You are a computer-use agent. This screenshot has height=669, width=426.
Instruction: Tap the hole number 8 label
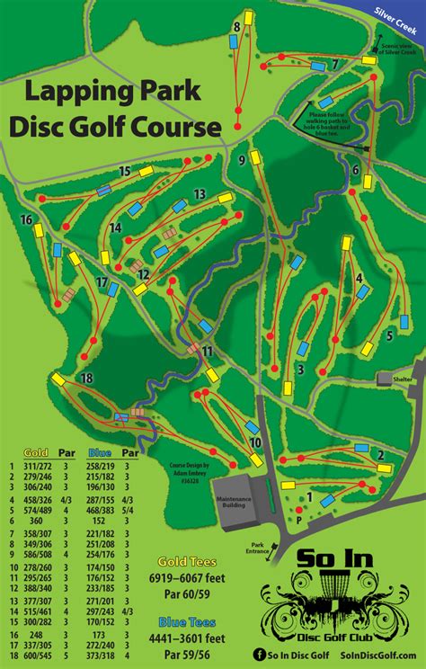236,27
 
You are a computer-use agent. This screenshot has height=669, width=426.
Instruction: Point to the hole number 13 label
200,194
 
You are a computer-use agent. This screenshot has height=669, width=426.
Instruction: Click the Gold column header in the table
36,453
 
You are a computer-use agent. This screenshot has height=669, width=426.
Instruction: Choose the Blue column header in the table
99,453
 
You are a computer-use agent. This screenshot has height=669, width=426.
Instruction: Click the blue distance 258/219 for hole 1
100,466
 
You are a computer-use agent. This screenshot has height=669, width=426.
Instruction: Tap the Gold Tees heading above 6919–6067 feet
187,559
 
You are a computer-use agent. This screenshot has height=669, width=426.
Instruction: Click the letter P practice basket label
297,518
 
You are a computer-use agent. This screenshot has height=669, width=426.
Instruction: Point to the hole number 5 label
390,335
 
